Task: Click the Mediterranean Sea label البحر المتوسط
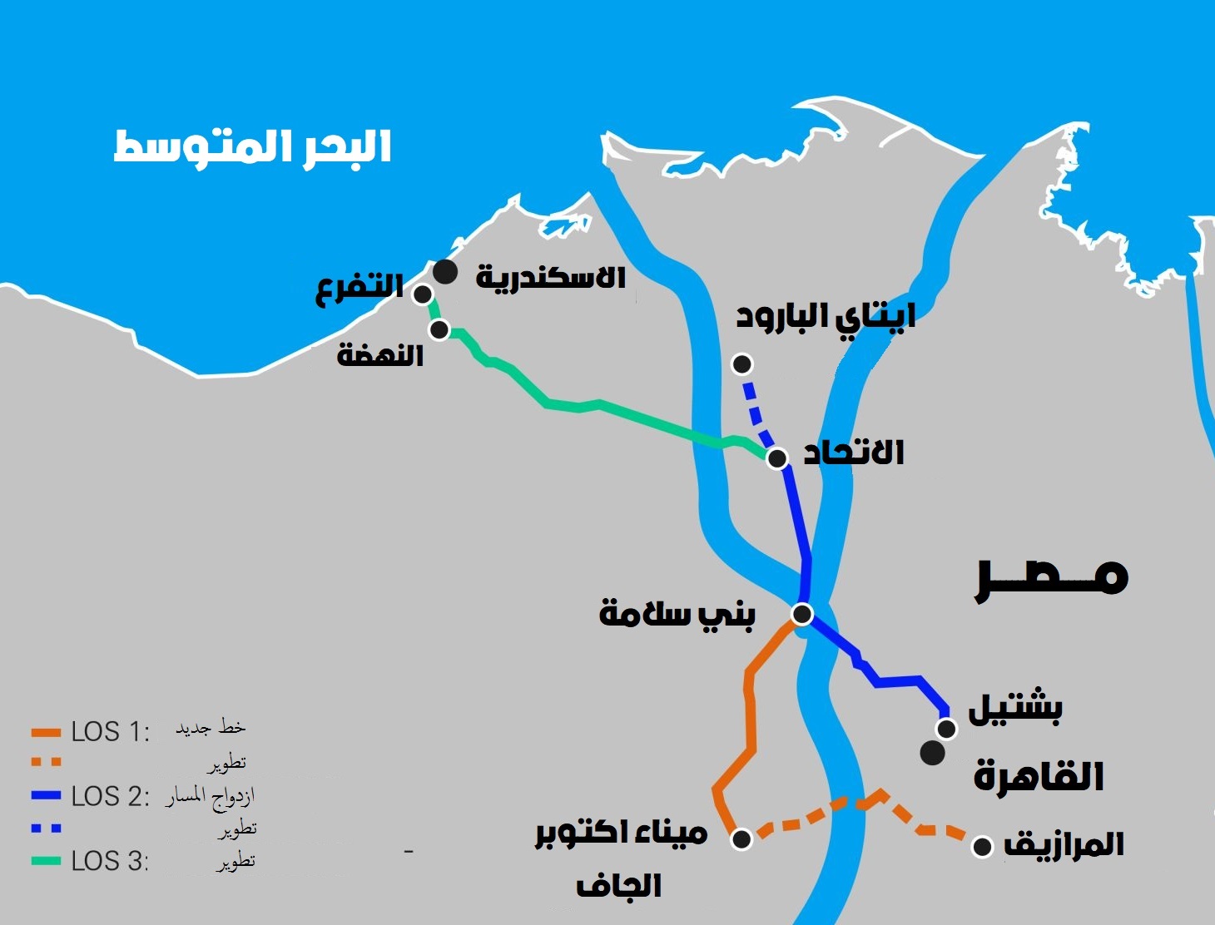(x=252, y=148)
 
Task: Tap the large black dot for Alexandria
(x=445, y=271)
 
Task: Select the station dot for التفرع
(x=423, y=294)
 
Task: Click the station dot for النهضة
(x=439, y=330)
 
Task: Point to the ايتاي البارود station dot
(x=741, y=364)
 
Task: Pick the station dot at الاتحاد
(x=777, y=458)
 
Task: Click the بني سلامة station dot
(x=801, y=614)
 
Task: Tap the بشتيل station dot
(x=946, y=729)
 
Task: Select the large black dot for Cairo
(x=932, y=754)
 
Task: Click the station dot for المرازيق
(x=983, y=847)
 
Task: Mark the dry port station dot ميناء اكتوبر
(x=741, y=838)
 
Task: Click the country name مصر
(x=1052, y=575)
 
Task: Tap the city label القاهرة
(x=1039, y=777)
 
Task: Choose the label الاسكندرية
(x=550, y=277)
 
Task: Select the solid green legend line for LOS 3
(x=46, y=861)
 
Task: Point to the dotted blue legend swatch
(x=46, y=829)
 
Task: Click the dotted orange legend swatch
(x=46, y=762)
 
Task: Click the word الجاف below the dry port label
(x=618, y=887)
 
